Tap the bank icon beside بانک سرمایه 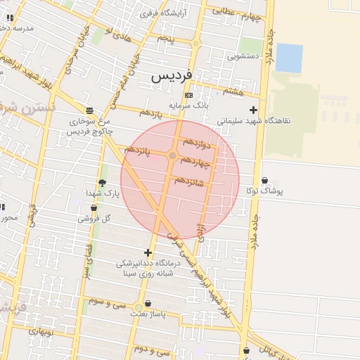(x=188, y=95)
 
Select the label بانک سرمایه (x=193, y=105)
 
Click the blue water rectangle (x=288, y=58)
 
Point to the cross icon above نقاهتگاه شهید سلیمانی (x=253, y=110)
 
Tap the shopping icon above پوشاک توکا (x=264, y=180)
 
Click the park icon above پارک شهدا (x=102, y=183)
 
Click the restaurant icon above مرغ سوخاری (x=89, y=110)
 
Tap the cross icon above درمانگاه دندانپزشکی (x=148, y=252)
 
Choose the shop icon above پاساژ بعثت (x=148, y=303)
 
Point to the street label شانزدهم (x=188, y=181)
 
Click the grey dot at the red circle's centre (x=173, y=155)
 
